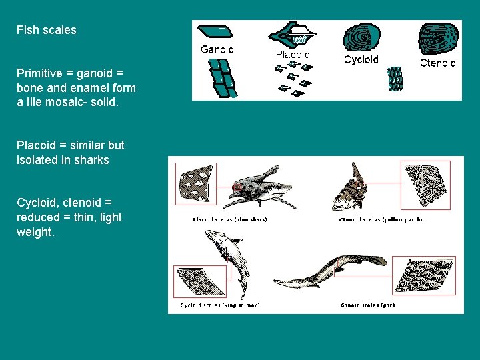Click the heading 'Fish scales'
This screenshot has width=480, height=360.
coord(46,30)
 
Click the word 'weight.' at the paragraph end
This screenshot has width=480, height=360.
coord(35,233)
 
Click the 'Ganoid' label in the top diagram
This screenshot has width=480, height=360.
coord(217,49)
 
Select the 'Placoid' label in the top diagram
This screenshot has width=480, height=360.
coord(293,54)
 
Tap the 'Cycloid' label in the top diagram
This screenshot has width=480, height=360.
coord(361,59)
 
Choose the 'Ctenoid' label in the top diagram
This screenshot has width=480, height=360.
coord(437,63)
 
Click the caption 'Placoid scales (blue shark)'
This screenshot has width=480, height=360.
coord(229,220)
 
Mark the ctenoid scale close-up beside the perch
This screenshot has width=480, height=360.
coord(427,186)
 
